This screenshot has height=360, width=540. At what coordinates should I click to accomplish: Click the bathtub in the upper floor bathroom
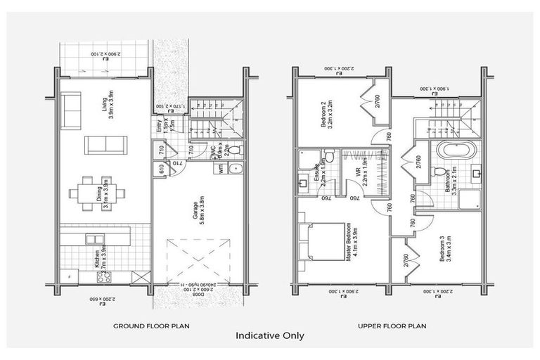click(x=447, y=150)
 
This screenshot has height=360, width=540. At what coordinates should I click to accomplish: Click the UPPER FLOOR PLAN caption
click(x=391, y=326)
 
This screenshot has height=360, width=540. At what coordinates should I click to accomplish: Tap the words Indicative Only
click(x=270, y=336)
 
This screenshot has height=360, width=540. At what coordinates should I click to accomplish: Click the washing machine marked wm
click(x=223, y=169)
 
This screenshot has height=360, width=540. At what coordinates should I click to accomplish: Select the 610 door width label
click(x=161, y=169)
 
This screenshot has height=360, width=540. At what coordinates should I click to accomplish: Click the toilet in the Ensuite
click(x=328, y=155)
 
